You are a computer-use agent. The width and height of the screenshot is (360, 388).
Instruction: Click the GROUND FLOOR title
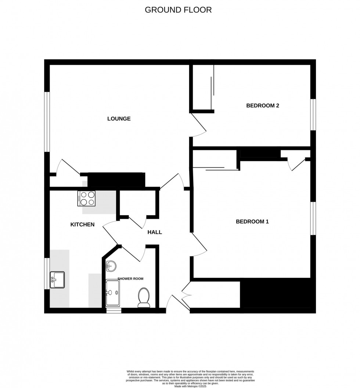coord(178,10)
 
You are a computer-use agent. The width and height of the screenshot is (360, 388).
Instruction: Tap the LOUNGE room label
coord(119,119)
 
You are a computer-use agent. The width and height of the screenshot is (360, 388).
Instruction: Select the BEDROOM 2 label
coord(263,106)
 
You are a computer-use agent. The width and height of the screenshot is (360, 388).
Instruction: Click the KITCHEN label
coord(83,224)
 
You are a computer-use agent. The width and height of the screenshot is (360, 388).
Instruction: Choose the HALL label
coord(155,232)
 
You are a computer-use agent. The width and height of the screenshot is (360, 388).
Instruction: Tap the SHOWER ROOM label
coord(130,279)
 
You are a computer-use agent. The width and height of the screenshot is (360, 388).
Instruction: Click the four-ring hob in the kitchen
coord(87,199)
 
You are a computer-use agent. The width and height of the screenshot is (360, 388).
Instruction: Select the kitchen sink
coord(57,280)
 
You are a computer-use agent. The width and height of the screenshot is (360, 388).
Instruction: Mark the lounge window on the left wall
coord(47,122)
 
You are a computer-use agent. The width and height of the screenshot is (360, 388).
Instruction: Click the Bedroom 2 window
coord(313,115)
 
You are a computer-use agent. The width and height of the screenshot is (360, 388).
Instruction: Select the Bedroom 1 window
coord(313,218)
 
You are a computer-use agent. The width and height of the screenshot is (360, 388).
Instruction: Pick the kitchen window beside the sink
coord(47,273)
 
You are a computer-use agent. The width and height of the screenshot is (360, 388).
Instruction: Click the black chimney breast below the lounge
coord(116,180)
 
